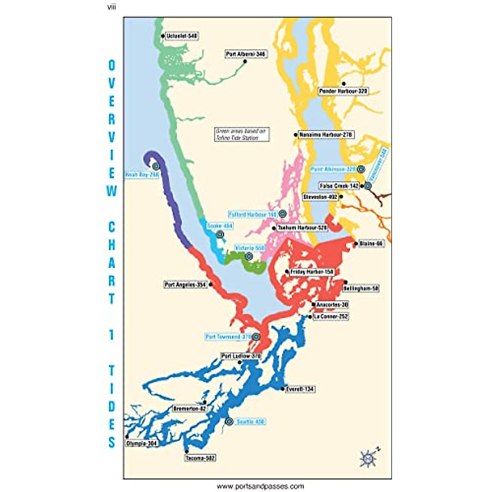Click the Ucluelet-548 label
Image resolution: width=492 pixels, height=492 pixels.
182,36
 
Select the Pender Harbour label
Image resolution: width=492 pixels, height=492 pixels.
343,91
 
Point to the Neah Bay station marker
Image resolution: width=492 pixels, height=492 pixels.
156,166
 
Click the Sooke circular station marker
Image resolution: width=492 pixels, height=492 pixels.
220,235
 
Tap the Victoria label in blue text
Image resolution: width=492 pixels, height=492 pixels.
250,248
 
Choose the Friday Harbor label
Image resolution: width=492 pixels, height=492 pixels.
312,272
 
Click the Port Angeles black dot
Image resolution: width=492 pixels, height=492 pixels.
211,284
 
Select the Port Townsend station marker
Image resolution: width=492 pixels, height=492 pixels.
256,337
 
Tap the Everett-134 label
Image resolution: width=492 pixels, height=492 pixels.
301,389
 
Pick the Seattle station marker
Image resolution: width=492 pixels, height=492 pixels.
229,421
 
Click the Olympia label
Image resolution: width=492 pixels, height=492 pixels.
142,444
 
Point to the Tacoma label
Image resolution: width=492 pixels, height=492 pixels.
200,458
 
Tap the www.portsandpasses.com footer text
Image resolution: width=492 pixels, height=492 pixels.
260,486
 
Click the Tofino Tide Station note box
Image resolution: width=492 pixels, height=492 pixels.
242,134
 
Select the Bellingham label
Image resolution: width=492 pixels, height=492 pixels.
361,289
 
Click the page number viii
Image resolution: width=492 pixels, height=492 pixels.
111,7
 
